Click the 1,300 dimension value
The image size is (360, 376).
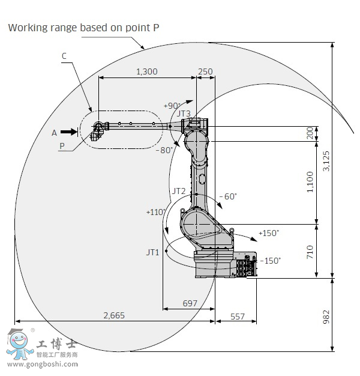click(147, 71)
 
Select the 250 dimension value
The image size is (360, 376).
click(205, 71)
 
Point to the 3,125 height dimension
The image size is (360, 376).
click(326, 161)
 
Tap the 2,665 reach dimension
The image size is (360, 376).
click(114, 315)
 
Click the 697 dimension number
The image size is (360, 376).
click(190, 303)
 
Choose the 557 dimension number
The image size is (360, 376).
click(238, 317)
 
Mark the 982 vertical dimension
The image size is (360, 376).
click(326, 317)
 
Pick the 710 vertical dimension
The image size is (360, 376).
click(310, 252)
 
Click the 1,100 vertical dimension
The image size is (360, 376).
click(310, 182)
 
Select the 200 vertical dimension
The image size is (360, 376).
click(310, 133)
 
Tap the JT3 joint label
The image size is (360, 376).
click(184, 113)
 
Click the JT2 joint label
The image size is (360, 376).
click(179, 191)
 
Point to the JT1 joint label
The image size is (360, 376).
click(153, 252)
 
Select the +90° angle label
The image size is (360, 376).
click(172, 106)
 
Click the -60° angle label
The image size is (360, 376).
click(228, 196)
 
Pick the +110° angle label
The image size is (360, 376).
click(156, 212)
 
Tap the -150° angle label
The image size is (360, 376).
click(270, 261)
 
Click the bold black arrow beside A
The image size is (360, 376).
click(69, 132)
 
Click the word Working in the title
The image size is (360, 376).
click(28, 28)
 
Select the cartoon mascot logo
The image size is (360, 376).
click(19, 344)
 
